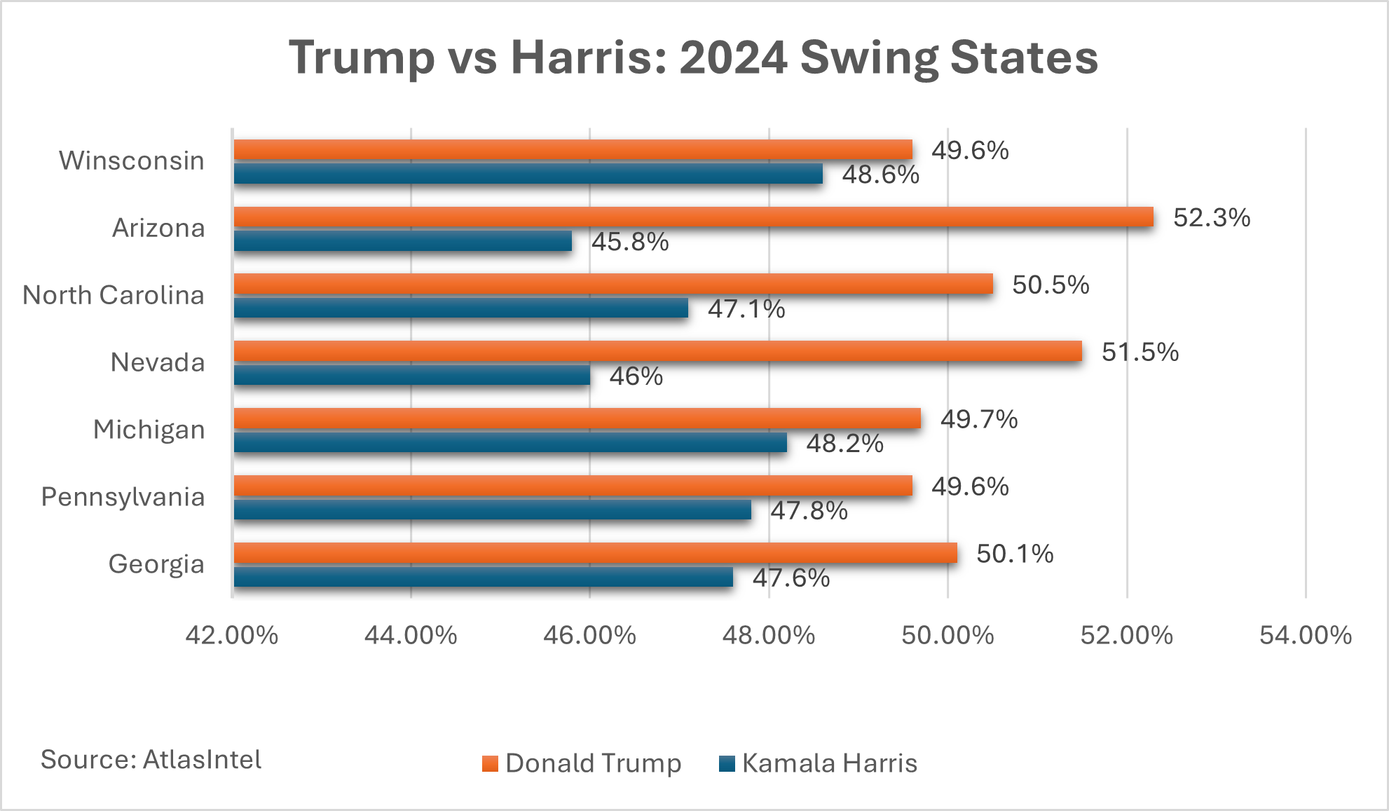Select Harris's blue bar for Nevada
(411, 375)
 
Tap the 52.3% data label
(1212, 218)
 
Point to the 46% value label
(636, 376)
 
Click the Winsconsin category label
(132, 161)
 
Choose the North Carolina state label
(114, 295)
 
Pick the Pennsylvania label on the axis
(123, 497)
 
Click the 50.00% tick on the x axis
(947, 635)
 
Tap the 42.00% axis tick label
(232, 635)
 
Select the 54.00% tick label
(1306, 635)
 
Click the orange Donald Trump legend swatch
(490, 763)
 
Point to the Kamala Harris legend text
(830, 763)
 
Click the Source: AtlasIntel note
(151, 760)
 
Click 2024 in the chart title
(734, 57)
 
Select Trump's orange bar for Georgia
(595, 553)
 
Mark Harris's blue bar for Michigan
(509, 442)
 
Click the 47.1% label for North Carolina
(746, 309)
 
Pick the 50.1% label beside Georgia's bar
(1015, 554)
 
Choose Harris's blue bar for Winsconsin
(528, 173)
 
